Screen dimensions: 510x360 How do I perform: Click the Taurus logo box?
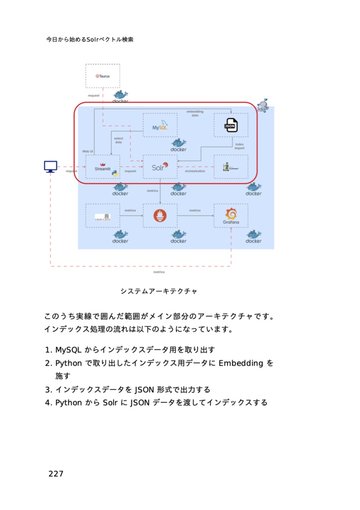[x=103, y=76]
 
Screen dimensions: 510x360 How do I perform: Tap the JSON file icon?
[x=231, y=126]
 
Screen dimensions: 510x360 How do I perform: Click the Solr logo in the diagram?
[x=160, y=167]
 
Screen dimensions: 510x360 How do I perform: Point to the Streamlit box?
[x=103, y=167]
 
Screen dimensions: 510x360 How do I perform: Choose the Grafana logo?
[x=231, y=216]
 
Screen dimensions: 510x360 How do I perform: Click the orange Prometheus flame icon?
[x=160, y=216]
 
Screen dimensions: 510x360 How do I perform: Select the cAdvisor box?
[x=103, y=216]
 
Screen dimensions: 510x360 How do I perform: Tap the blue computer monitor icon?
[x=50, y=167]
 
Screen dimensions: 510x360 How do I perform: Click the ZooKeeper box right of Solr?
[x=231, y=167]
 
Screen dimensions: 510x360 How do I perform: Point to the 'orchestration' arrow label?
[x=195, y=171]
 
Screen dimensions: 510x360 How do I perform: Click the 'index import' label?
[x=240, y=146]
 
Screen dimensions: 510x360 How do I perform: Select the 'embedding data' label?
[x=195, y=113]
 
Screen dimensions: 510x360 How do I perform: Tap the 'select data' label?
[x=119, y=140]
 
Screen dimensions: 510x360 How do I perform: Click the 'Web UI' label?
[x=88, y=150]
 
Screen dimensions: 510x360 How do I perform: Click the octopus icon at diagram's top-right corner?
[x=263, y=105]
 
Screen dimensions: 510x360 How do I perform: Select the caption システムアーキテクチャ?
[x=158, y=291]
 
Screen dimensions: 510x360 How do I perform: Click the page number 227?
[x=56, y=474]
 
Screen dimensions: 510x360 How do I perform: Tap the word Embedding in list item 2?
[x=241, y=363]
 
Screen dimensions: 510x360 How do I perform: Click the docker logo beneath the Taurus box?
[x=120, y=96]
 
